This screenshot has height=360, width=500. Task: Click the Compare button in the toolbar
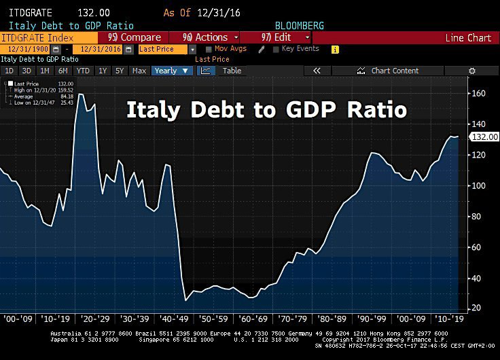click(135, 37)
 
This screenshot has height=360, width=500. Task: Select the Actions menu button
click(211, 37)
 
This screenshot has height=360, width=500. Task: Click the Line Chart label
click(467, 38)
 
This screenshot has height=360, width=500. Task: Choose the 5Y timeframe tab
click(120, 71)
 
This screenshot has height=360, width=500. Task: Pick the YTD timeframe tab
click(83, 71)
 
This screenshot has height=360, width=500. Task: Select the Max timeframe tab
click(139, 71)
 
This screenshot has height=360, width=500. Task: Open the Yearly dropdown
click(173, 71)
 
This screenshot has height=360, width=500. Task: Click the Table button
click(232, 71)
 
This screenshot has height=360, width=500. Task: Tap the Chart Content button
click(395, 71)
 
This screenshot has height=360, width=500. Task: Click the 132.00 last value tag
click(485, 137)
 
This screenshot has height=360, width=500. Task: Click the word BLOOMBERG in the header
click(298, 25)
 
